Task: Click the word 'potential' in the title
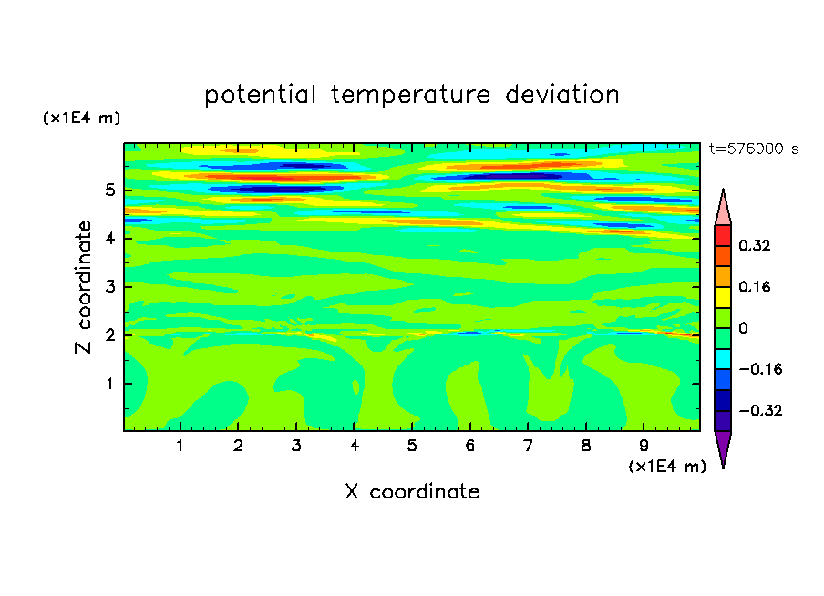point(260,96)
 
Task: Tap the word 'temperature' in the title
point(410,96)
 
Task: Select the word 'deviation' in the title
point(562,95)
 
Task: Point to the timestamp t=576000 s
point(754,149)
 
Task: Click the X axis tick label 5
point(412,446)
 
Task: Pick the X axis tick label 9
point(644,446)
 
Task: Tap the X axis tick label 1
point(180,446)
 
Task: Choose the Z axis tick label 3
point(109,287)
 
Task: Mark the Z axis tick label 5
point(109,190)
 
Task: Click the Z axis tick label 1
point(109,384)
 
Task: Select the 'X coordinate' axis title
point(412,491)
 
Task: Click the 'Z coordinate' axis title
point(83,287)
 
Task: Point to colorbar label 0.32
point(755,245)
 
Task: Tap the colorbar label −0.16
point(760,369)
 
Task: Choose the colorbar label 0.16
point(755,286)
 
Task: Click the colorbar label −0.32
point(760,410)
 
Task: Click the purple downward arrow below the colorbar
point(723,447)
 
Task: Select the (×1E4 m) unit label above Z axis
point(81,118)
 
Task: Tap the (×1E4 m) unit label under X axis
point(667,467)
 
